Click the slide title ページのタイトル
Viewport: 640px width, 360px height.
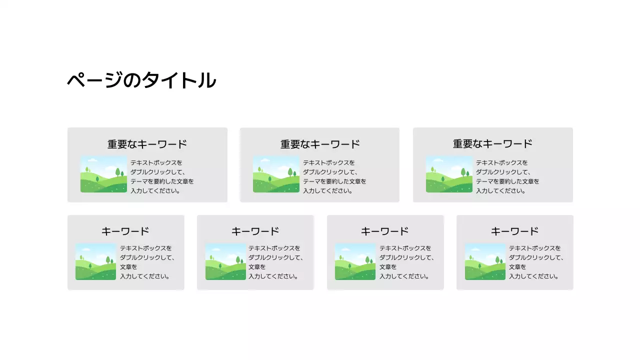(141, 80)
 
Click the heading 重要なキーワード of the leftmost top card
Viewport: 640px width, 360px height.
(147, 144)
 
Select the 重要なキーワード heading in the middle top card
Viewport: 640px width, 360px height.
(320, 144)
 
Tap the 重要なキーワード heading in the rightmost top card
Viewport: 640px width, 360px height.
(492, 144)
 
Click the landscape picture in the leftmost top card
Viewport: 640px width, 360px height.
(104, 174)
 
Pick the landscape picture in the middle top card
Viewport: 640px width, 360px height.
(276, 174)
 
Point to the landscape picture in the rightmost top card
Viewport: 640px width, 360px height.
(449, 174)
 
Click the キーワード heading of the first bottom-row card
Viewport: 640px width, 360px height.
(125, 231)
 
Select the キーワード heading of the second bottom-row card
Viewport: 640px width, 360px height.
(255, 231)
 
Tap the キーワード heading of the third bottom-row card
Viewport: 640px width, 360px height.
(385, 231)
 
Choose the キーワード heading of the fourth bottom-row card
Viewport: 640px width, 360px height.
(514, 231)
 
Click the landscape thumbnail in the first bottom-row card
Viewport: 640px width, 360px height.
(96, 261)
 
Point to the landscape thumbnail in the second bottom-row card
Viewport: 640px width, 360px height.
(225, 261)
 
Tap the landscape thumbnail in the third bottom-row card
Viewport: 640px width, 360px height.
(355, 261)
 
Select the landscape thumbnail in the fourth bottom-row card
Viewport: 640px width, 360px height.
(485, 261)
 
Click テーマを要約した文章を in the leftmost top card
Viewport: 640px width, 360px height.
(162, 181)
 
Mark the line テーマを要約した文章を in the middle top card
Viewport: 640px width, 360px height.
(334, 181)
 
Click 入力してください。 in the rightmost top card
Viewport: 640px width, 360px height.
(500, 190)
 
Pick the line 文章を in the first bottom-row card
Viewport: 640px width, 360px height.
(128, 267)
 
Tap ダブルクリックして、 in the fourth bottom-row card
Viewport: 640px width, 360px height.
(536, 257)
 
